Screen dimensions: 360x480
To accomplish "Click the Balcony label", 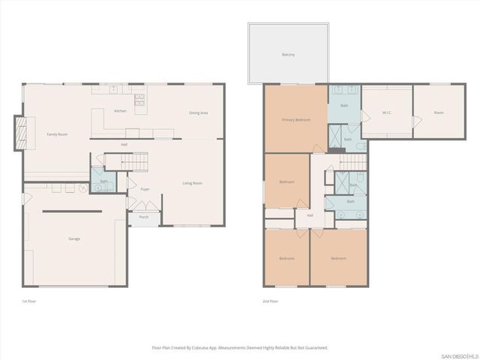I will [288, 55].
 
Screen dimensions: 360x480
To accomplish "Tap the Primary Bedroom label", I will [296, 120].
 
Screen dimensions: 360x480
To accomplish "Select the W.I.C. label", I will [386, 113].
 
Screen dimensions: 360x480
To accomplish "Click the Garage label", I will [74, 238].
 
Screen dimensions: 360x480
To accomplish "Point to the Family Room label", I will [58, 134].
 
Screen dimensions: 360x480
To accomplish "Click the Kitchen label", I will [120, 111].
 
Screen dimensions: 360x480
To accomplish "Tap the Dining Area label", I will [198, 113].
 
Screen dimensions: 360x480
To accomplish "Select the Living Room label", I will [193, 183].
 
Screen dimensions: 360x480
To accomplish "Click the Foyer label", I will [145, 189].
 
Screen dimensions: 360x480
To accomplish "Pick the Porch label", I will [143, 218].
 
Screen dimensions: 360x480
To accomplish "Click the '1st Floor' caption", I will [29, 301].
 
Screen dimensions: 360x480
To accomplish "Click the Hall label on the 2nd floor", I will [309, 215].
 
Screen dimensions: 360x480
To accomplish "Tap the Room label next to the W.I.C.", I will [439, 113].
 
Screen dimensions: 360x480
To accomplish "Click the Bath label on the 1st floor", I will [104, 181].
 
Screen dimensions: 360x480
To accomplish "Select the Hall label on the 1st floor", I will [124, 145].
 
